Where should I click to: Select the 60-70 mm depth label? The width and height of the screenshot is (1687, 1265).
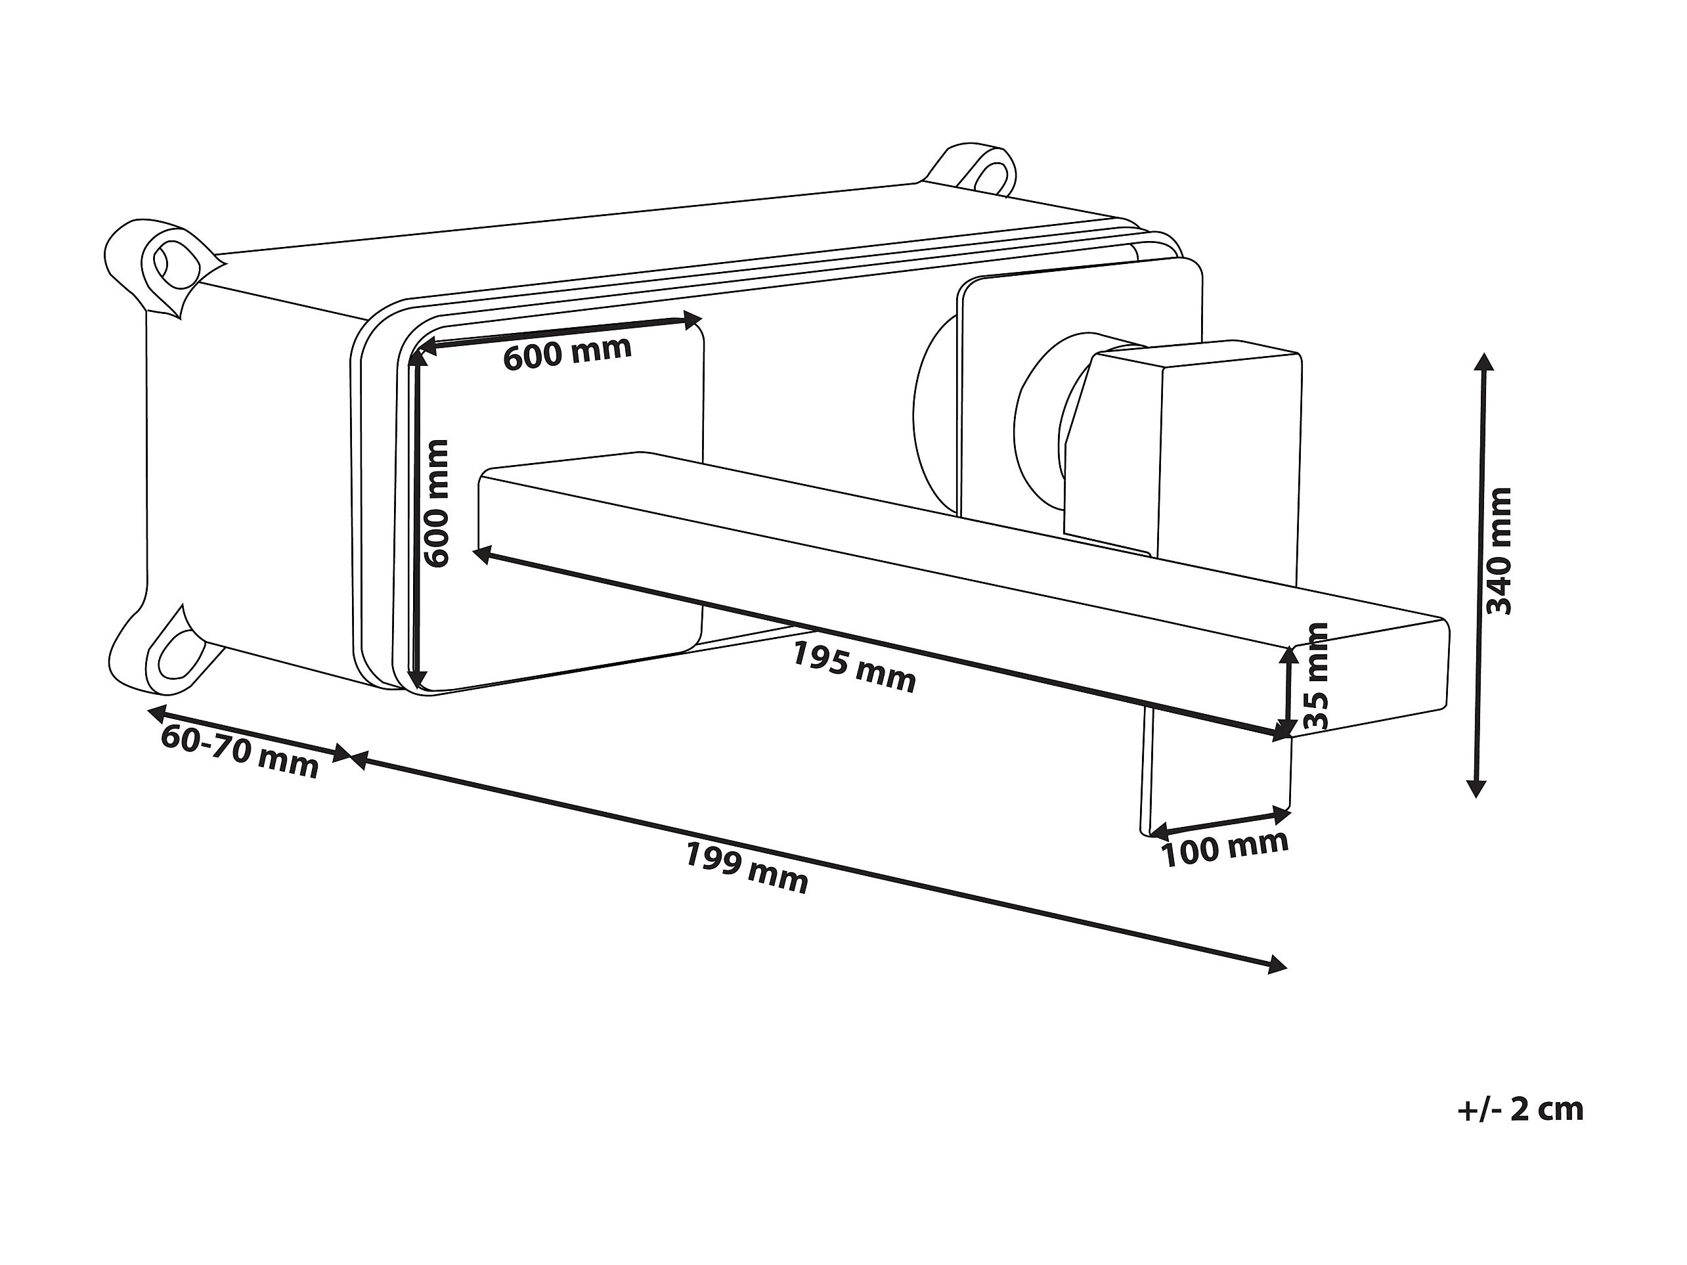[x=240, y=752]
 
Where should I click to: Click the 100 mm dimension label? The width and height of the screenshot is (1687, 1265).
[x=1225, y=849]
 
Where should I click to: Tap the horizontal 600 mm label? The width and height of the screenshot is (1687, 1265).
[x=567, y=353]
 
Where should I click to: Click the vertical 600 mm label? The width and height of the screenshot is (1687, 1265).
[x=436, y=504]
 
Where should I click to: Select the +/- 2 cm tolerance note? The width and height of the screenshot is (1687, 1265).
[x=1520, y=1109]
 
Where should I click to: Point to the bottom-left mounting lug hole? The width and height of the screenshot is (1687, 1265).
[x=175, y=655]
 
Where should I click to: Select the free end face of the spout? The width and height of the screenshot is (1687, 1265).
[x=1370, y=678]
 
